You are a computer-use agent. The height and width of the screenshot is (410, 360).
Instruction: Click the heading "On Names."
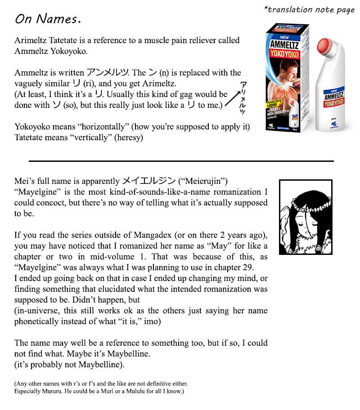tap(48, 19)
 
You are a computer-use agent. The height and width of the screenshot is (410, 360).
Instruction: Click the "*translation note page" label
tap(310, 9)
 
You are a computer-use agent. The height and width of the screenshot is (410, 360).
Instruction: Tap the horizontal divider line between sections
tap(181, 160)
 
